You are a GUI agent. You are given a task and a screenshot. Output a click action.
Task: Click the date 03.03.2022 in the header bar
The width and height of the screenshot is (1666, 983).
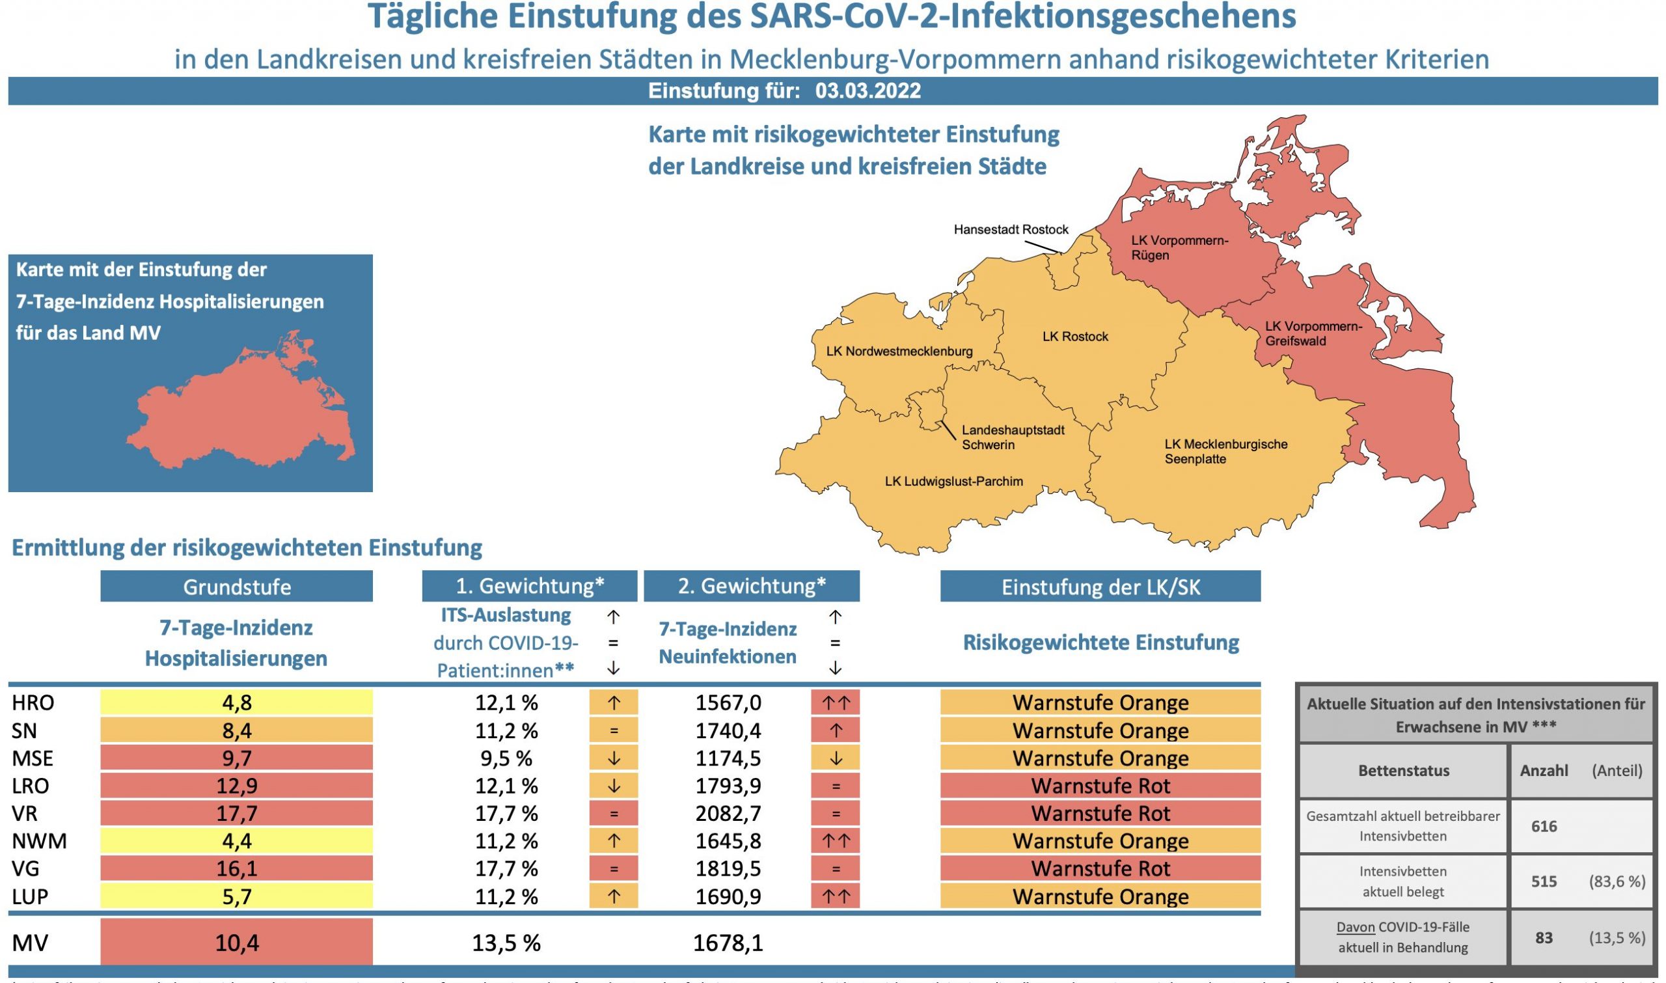click(867, 90)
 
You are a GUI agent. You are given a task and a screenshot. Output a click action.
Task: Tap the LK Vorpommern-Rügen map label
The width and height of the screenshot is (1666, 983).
click(1179, 248)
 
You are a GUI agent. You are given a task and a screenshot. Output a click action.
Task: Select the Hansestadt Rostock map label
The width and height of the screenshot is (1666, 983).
click(1011, 230)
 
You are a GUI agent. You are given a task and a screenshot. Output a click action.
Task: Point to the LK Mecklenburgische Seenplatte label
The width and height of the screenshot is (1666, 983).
click(1225, 451)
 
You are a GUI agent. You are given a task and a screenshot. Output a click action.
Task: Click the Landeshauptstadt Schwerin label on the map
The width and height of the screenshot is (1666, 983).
click(1013, 437)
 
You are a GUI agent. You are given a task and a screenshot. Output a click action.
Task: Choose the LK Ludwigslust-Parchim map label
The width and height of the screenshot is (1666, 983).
click(953, 482)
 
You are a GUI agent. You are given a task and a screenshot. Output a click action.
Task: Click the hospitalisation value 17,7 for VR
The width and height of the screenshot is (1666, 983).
click(236, 814)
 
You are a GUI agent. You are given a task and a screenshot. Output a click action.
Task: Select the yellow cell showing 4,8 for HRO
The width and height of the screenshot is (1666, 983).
click(236, 702)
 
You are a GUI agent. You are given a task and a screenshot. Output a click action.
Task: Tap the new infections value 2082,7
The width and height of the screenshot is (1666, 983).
click(728, 814)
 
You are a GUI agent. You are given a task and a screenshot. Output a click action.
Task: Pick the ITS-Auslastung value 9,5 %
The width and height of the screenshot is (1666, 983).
click(506, 758)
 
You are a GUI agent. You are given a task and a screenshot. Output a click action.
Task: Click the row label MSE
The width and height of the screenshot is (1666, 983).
click(33, 758)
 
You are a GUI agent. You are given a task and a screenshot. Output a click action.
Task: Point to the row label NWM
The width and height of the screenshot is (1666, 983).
click(39, 841)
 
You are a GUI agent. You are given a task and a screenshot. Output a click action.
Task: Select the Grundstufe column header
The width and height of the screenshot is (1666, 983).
click(236, 587)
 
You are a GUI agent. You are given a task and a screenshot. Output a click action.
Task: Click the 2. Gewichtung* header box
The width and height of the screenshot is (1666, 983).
click(752, 587)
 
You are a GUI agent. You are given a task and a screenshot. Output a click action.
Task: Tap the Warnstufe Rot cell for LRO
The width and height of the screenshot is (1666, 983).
click(1100, 786)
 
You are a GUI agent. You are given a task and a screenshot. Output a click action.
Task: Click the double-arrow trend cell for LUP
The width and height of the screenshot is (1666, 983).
click(835, 897)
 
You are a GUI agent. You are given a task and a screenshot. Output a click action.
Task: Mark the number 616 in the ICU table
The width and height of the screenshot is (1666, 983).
click(1544, 826)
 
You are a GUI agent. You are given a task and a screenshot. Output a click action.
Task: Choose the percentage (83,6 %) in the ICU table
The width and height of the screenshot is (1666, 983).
click(1617, 881)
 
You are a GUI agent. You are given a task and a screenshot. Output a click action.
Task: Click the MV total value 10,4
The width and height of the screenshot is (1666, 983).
click(236, 943)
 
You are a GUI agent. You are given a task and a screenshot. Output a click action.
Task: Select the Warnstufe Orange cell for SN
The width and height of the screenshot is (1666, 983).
click(1100, 730)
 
